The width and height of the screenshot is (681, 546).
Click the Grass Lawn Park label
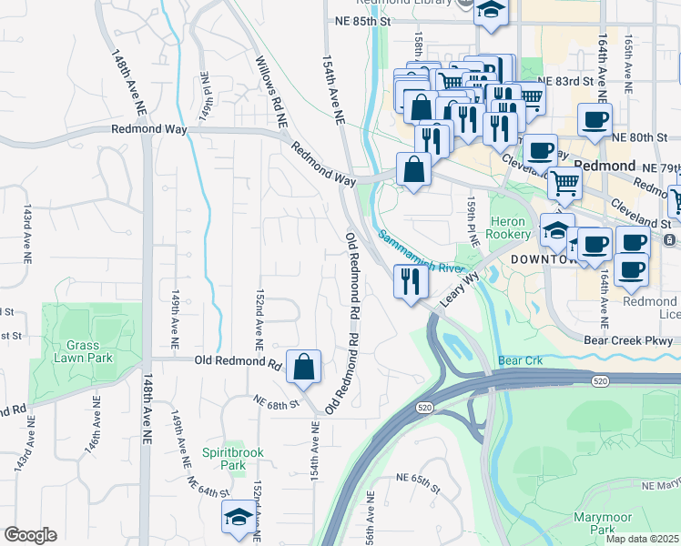pos(88,351)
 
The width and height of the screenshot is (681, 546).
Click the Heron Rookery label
pos(510,227)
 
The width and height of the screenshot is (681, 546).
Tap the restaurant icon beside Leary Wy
pos(411,280)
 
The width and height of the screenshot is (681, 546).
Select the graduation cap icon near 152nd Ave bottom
pos(239,517)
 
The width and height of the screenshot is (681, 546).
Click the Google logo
pos(30,535)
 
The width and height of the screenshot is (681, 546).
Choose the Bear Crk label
pos(520,361)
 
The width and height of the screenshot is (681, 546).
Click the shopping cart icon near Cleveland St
pos(564,183)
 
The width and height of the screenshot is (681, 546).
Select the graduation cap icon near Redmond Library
pos(492,11)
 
